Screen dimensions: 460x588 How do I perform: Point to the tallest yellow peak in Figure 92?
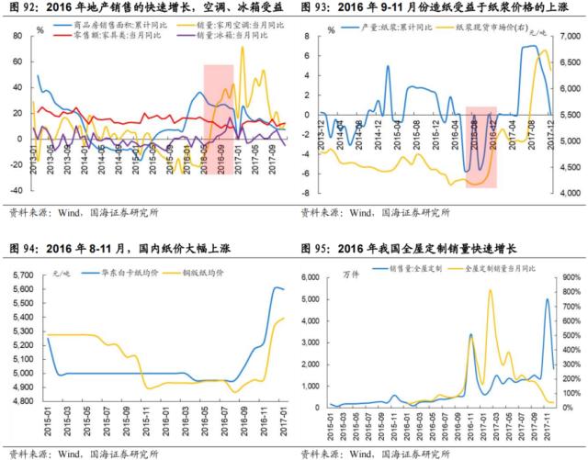[243, 48]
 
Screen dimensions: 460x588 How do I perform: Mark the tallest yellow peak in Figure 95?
[489, 291]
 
